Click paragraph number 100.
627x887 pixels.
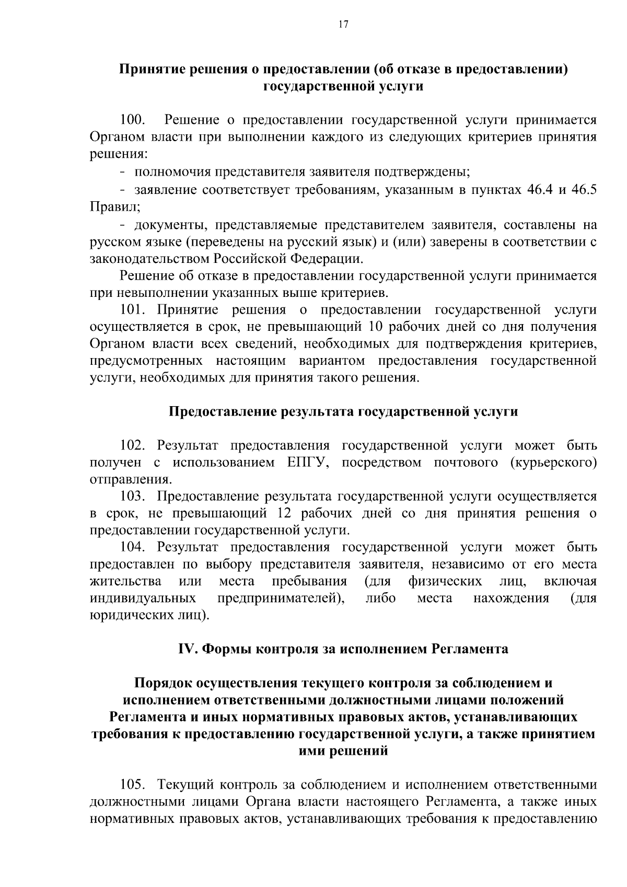(132, 120)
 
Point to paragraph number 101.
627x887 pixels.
(133, 310)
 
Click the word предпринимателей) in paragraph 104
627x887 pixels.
(281, 598)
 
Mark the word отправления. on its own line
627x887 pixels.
(131, 479)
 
